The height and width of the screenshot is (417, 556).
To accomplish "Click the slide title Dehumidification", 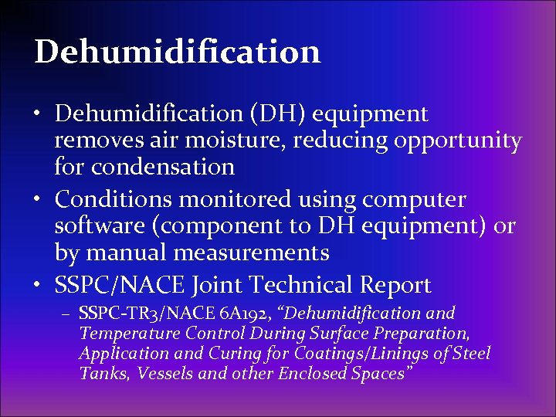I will tap(177, 52).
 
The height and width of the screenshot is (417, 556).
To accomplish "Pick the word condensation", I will tap(161, 167).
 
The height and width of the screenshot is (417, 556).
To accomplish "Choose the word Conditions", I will tap(114, 199).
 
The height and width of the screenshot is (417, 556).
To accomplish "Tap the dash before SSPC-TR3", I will tap(67, 314).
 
